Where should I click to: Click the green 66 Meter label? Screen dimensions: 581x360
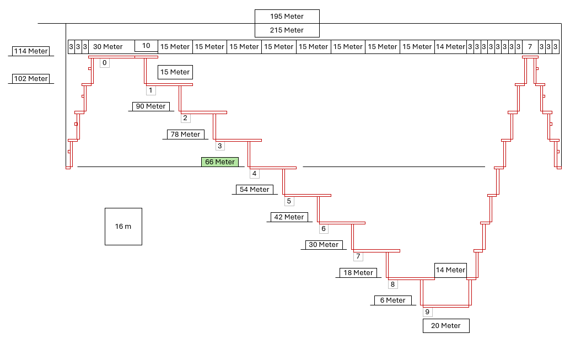click(x=220, y=162)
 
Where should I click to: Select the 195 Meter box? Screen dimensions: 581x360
click(x=287, y=17)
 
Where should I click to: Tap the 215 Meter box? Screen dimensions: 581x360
click(x=287, y=30)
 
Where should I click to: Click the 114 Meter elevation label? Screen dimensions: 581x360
click(x=31, y=51)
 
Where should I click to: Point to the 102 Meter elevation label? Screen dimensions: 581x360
click(x=31, y=79)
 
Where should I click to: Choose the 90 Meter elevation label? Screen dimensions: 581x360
click(x=151, y=106)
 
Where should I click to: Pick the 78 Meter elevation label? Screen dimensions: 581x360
click(x=186, y=134)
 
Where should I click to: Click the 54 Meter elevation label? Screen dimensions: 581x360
click(x=255, y=190)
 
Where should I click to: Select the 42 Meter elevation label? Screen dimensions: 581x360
click(x=289, y=217)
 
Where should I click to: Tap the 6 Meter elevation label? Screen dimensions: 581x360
click(x=393, y=300)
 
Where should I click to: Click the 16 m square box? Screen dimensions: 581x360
click(x=123, y=227)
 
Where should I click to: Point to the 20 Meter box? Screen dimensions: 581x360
click(x=446, y=326)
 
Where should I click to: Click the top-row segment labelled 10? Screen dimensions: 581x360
click(x=147, y=46)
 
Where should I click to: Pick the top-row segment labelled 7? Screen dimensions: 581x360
click(x=530, y=47)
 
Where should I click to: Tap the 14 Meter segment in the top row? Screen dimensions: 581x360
click(x=450, y=47)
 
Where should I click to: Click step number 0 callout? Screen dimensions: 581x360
click(x=105, y=63)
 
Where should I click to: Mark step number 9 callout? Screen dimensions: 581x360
click(x=428, y=312)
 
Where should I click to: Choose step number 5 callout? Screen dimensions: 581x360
click(x=289, y=201)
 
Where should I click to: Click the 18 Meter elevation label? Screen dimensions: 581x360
click(x=358, y=273)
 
